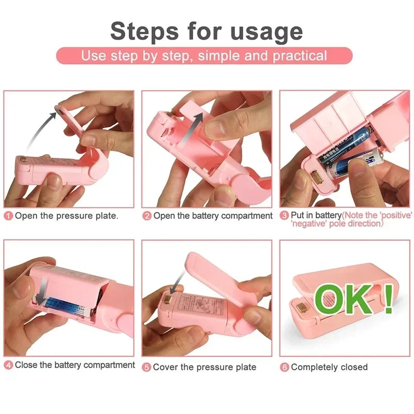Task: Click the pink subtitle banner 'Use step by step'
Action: [204, 56]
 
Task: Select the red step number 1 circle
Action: [8, 216]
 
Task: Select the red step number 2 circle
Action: [147, 216]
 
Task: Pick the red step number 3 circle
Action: [284, 215]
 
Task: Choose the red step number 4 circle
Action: [8, 365]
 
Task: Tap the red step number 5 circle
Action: [147, 367]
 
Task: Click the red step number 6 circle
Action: [285, 367]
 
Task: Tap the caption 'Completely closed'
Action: [329, 367]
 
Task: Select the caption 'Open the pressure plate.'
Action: [66, 216]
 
